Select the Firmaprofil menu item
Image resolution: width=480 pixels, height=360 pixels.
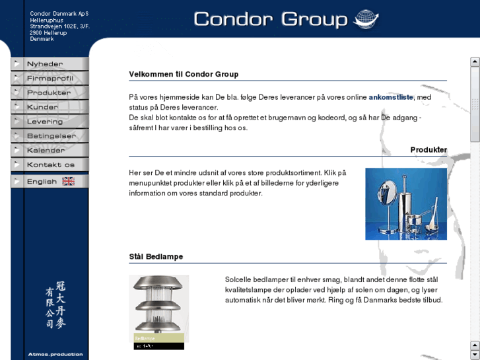click(x=49, y=78)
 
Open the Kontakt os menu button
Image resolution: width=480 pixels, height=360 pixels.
click(x=50, y=165)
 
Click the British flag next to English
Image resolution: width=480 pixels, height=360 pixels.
click(x=68, y=182)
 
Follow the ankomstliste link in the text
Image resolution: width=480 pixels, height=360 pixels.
click(x=391, y=97)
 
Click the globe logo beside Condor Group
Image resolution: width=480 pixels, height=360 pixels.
click(x=367, y=20)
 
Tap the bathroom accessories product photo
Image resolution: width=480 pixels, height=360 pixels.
click(x=405, y=203)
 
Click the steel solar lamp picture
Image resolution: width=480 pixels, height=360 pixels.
click(x=158, y=308)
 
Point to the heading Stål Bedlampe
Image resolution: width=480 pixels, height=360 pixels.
click(x=156, y=256)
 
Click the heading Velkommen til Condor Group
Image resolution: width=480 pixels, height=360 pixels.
click(x=184, y=74)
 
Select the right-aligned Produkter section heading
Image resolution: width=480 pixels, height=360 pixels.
click(x=428, y=150)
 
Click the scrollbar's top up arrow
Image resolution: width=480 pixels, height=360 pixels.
click(x=475, y=62)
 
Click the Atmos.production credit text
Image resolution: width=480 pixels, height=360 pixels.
click(x=55, y=354)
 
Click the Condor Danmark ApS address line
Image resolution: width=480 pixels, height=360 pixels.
click(x=59, y=13)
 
